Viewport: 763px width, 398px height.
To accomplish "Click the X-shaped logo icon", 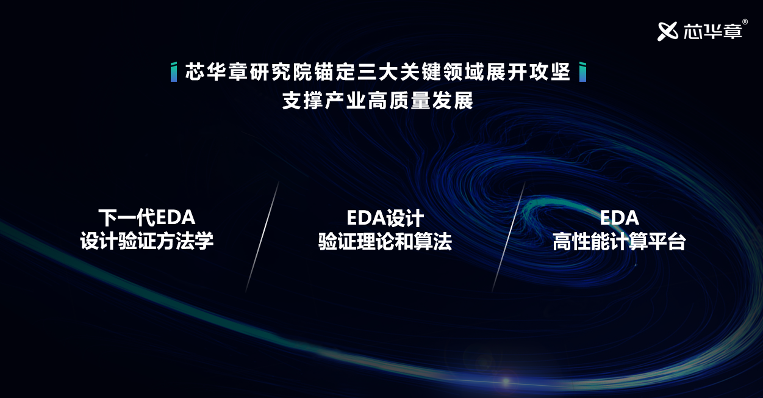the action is point(668,31).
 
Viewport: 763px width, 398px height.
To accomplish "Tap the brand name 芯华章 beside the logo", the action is point(712,31).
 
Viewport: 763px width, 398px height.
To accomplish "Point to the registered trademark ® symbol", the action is point(745,22).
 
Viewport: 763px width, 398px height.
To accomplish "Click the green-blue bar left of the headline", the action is point(174,71).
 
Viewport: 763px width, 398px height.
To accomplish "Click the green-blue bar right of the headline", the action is point(583,71).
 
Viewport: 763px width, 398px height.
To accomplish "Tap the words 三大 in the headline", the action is point(378,71).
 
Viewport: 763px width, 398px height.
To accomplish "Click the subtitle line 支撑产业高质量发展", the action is point(378,100).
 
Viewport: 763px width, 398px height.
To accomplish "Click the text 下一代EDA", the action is point(147,217).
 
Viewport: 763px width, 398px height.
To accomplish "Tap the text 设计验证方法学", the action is point(147,241).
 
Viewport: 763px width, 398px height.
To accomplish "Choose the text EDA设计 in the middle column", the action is point(385,217).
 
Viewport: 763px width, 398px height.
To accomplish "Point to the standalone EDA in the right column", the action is point(619,217).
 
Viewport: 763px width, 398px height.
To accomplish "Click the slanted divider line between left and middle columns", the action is point(262,237).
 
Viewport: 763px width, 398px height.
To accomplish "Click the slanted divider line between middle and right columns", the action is point(508,237).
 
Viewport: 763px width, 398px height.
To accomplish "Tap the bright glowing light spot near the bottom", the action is point(506,382).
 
